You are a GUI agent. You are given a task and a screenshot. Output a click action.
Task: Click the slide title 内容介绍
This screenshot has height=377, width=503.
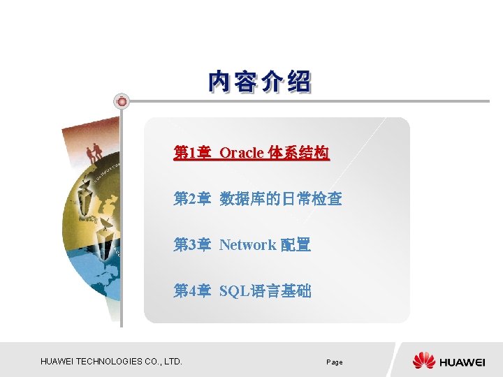260,82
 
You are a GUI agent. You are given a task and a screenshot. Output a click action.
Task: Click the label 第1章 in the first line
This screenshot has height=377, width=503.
191,153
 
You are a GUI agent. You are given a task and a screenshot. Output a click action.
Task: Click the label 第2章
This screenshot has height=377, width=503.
191,199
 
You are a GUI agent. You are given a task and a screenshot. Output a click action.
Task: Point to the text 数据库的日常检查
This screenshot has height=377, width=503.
281,199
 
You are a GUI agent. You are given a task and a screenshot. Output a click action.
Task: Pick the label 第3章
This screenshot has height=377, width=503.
191,245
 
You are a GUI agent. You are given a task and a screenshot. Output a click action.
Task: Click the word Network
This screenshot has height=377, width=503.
247,245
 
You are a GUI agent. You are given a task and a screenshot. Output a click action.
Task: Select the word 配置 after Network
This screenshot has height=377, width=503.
296,245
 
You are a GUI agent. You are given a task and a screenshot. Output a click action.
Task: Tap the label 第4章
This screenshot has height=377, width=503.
191,291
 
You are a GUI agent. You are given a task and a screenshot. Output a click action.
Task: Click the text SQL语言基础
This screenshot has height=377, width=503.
265,291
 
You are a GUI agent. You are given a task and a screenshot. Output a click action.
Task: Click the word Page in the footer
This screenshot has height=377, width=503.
335,362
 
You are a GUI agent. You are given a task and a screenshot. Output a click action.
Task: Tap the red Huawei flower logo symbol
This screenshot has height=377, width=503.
423,361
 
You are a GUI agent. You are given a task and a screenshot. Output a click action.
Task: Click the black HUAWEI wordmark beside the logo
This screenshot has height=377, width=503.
462,362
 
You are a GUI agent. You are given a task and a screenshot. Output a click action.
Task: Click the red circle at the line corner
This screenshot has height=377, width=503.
122,101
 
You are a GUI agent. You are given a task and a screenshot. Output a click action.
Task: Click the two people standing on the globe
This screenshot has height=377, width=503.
94,151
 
